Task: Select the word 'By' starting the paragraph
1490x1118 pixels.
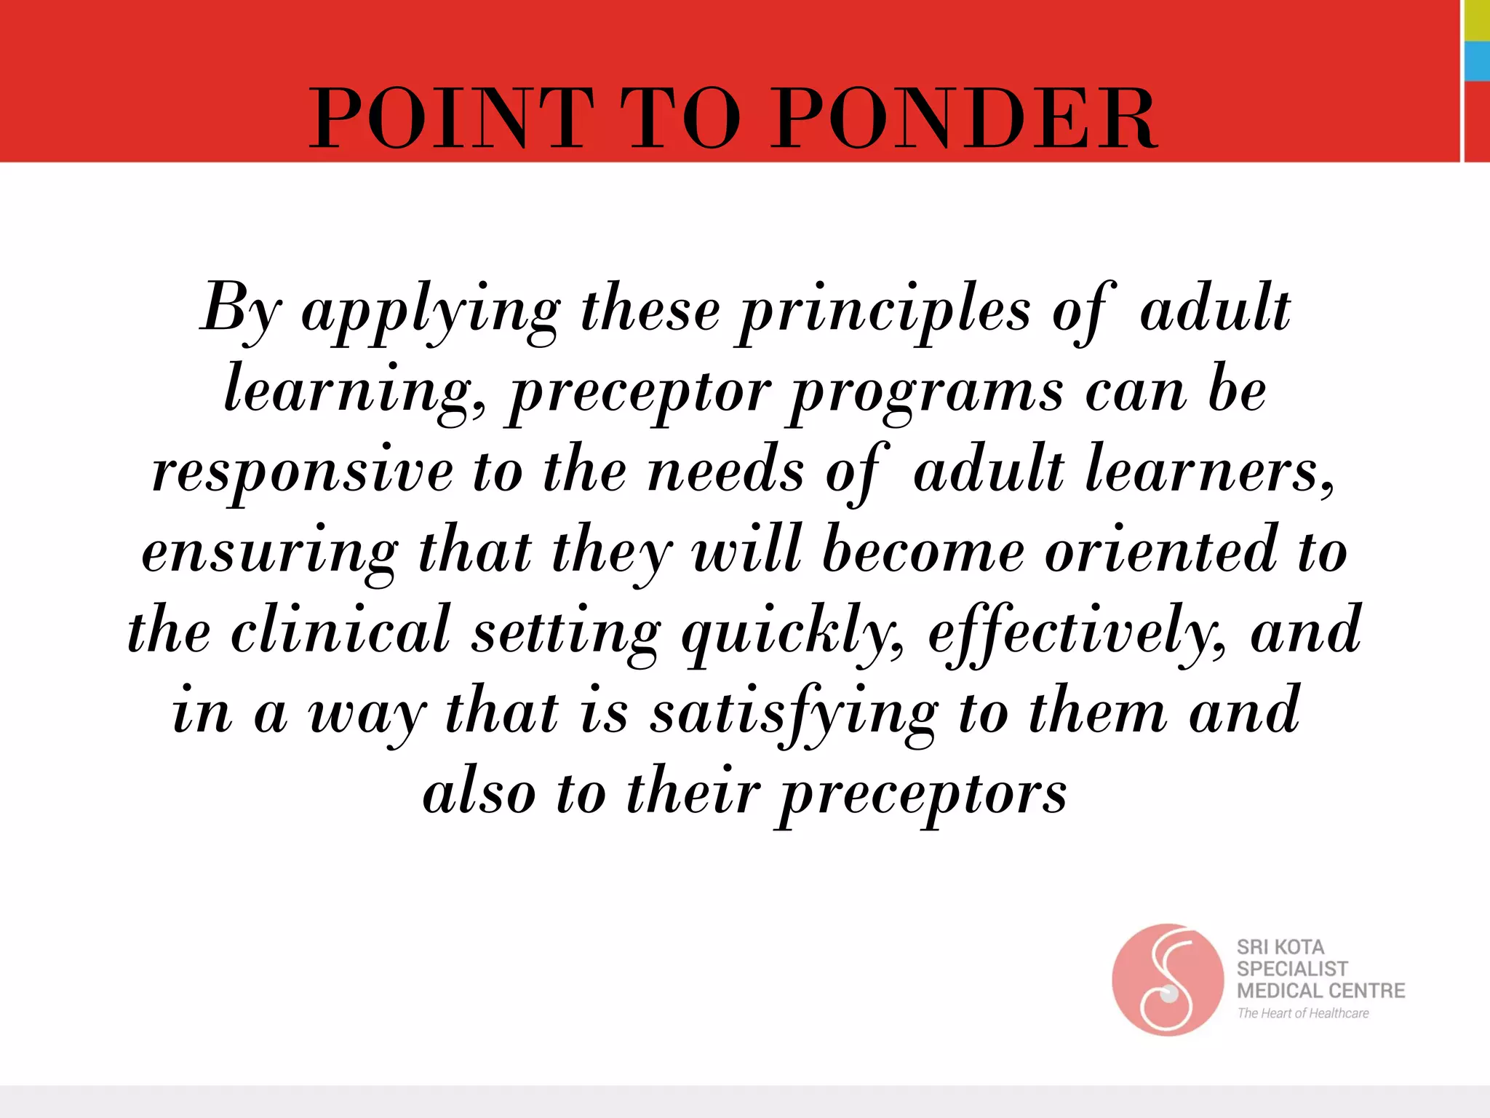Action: (x=241, y=309)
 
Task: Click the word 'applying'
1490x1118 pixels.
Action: (x=431, y=313)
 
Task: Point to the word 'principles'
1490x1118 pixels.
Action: (x=885, y=313)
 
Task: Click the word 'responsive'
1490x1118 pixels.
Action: (x=302, y=473)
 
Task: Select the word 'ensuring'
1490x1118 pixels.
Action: (x=270, y=553)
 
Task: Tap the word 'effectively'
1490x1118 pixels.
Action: (x=1077, y=633)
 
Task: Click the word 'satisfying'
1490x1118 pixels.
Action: (x=794, y=713)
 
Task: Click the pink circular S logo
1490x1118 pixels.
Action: (x=1168, y=980)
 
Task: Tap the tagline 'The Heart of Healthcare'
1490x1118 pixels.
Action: (x=1302, y=1013)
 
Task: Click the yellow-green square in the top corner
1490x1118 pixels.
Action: (x=1477, y=20)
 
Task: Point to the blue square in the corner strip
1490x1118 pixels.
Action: (x=1477, y=61)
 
